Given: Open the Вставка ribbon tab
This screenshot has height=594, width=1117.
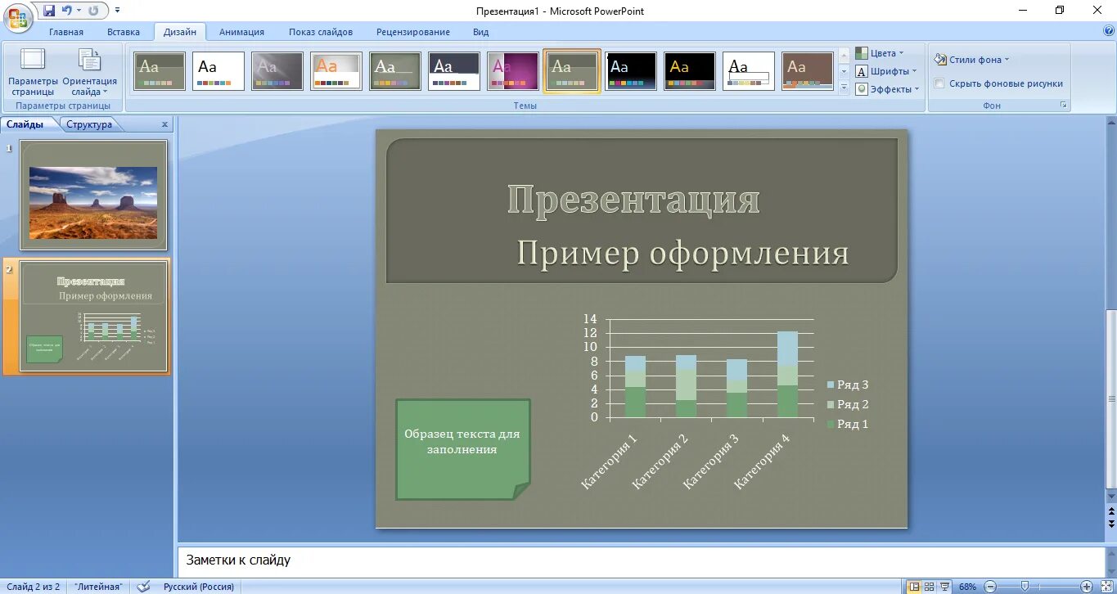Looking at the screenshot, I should (124, 32).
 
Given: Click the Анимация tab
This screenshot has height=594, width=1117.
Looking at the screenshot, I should (241, 32).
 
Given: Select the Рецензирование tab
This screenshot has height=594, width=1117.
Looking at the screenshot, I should (412, 32).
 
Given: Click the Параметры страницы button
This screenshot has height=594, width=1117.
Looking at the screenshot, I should (34, 73).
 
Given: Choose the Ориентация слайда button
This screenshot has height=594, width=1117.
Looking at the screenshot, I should (89, 73).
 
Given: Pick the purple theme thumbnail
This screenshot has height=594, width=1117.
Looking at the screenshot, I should (513, 71).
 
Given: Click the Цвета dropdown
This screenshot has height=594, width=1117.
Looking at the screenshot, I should (881, 53).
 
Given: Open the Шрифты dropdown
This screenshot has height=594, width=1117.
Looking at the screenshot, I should (887, 71).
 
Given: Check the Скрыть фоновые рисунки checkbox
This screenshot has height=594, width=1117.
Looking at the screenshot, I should (939, 83).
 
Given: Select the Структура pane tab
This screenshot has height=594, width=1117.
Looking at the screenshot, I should (89, 124).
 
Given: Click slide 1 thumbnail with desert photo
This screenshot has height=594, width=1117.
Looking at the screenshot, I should (93, 195).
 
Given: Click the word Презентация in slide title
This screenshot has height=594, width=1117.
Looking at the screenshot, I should (633, 200).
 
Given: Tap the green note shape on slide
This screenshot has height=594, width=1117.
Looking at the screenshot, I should (462, 448).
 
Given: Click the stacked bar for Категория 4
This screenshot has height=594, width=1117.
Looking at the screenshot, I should (787, 374).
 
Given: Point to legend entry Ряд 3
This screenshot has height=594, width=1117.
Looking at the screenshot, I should (848, 385).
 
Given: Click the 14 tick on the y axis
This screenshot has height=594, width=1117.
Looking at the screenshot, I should (590, 319).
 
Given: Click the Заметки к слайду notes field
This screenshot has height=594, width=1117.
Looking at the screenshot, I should (638, 560).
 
